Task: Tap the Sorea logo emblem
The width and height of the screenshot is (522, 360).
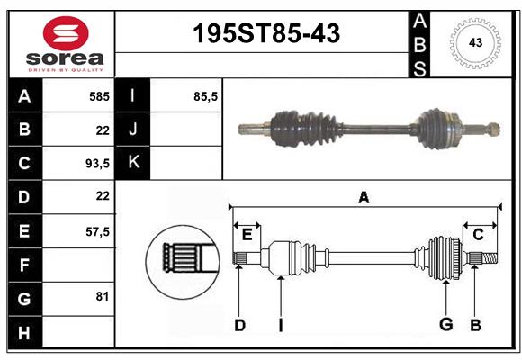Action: (x=66, y=33)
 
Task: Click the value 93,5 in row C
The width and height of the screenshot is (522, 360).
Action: (x=96, y=163)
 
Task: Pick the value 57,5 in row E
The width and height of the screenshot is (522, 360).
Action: (x=96, y=231)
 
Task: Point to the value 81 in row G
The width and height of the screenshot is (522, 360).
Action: (x=102, y=296)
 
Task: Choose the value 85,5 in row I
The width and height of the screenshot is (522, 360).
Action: (x=206, y=95)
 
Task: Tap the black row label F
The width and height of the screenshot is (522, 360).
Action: (x=24, y=265)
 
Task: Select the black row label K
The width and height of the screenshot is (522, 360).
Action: (x=133, y=163)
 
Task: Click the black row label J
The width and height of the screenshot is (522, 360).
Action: (x=133, y=130)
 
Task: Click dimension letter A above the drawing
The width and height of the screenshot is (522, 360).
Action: (x=364, y=198)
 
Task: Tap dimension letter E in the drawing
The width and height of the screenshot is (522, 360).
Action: (x=247, y=234)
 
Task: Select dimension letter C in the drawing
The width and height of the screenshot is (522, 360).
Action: (x=478, y=234)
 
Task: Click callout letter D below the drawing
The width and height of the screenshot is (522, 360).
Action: (x=239, y=325)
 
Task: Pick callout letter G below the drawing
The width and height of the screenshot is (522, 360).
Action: (x=445, y=325)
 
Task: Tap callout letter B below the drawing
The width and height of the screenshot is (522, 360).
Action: (x=476, y=325)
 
